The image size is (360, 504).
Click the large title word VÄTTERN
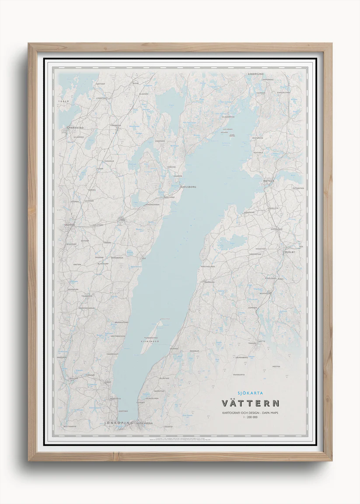[x=251, y=403]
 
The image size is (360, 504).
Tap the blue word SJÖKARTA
[x=250, y=393]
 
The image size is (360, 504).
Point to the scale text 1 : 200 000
[x=250, y=417]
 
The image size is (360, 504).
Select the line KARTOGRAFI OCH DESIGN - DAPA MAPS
[x=250, y=413]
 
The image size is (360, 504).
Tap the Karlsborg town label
[x=188, y=187]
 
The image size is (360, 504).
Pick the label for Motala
[x=269, y=180]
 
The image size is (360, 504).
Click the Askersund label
[x=255, y=74]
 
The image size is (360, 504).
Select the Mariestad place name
[x=75, y=128]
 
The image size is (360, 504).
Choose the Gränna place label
[x=175, y=348]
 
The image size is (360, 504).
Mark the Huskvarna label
[x=144, y=423]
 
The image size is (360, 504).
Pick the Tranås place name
[x=264, y=343]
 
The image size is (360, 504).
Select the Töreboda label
[x=115, y=126]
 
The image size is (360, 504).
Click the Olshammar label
[x=228, y=117]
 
